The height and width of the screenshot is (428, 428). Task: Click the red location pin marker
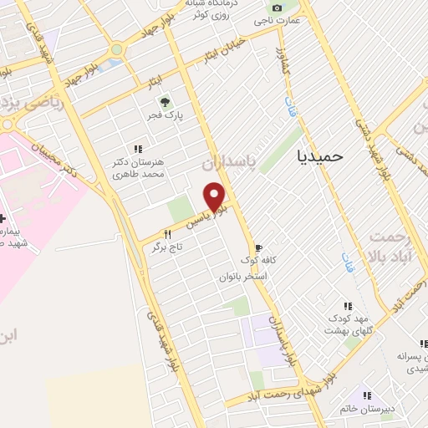point(215,196)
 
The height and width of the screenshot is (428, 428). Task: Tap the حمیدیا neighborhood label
point(321,155)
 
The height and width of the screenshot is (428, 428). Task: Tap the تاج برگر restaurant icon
point(168,235)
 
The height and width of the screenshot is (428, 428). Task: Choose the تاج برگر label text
point(167,247)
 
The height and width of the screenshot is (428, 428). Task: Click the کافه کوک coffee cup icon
point(258,248)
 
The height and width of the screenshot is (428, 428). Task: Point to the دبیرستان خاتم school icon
point(364,395)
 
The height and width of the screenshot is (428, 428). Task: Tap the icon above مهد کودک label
point(347,306)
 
